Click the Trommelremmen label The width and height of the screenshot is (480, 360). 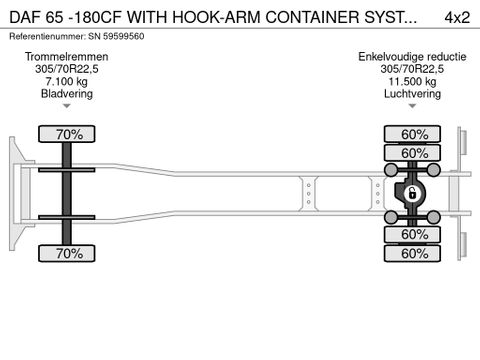click(67, 57)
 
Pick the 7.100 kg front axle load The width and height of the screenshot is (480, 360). click(67, 81)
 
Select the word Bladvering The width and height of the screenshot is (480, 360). click(67, 93)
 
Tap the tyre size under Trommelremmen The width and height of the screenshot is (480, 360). click(67, 69)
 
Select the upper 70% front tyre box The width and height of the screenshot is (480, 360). click(67, 134)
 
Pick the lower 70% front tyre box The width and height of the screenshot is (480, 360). click(67, 254)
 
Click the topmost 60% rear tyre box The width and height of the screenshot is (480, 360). click(407, 134)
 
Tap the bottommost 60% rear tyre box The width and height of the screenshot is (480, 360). click(407, 254)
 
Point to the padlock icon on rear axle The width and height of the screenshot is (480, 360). click(408, 194)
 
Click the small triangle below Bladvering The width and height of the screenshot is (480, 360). click(67, 105)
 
